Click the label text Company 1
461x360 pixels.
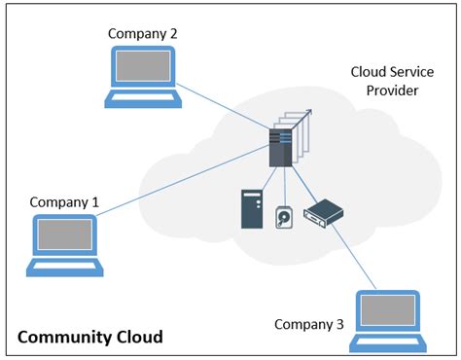(x=64, y=202)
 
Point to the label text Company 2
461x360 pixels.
(x=142, y=33)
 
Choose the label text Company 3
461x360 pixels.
(x=308, y=324)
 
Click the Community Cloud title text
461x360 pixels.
(x=90, y=338)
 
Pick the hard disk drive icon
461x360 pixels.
(x=284, y=217)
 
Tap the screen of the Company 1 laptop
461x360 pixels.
(x=65, y=235)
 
